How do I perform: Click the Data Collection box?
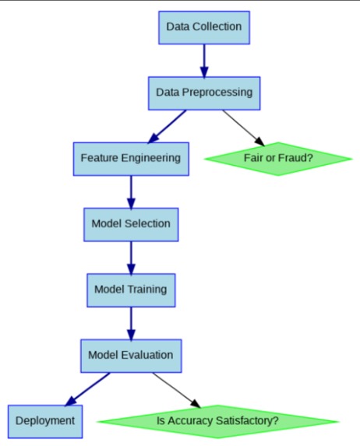pos(203,27)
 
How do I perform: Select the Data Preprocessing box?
pos(203,93)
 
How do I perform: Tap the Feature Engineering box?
pos(130,157)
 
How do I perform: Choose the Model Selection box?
pos(130,223)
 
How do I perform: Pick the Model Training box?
pos(130,290)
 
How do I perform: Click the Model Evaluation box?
pos(130,356)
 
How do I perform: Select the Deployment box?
pos(44,421)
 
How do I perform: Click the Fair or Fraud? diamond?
pos(277,158)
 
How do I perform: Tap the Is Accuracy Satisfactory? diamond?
pos(217,421)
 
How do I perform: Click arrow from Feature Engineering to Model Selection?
pos(130,191)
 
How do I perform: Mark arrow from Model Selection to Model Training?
pos(130,257)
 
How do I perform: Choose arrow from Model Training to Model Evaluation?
pos(130,322)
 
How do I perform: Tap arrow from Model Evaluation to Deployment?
pos(87,389)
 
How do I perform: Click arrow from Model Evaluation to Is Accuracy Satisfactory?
pos(175,388)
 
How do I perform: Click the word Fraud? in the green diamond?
pos(297,158)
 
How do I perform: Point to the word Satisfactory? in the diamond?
pos(245,421)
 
